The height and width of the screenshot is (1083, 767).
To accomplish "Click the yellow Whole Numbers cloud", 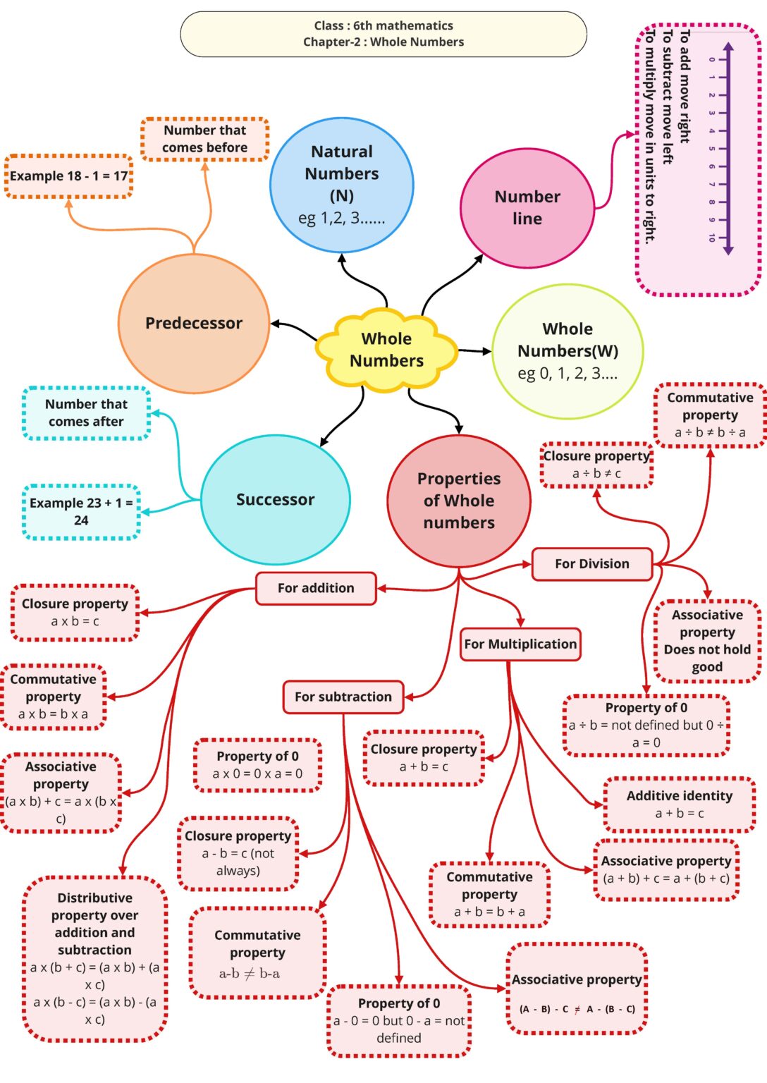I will pyautogui.click(x=386, y=350).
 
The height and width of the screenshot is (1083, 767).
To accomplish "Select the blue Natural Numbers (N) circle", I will pyautogui.click(x=342, y=185).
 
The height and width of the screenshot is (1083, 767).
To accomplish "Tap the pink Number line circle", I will pyautogui.click(x=527, y=208).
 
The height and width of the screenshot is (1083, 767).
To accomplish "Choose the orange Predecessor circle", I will pyautogui.click(x=194, y=323).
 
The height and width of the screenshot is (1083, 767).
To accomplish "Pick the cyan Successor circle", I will pyautogui.click(x=276, y=499).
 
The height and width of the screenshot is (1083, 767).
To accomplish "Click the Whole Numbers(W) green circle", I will pyautogui.click(x=567, y=351).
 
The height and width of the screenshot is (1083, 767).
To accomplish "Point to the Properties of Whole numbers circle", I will pyautogui.click(x=459, y=501).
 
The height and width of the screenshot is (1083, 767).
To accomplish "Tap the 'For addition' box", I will pyautogui.click(x=316, y=588).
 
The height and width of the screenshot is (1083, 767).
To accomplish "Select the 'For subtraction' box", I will pyautogui.click(x=343, y=697).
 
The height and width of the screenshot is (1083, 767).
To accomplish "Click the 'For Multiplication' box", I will pyautogui.click(x=520, y=644).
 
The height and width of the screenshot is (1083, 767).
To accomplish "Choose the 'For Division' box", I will pyautogui.click(x=592, y=564).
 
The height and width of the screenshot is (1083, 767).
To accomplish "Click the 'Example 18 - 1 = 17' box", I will pyautogui.click(x=69, y=176).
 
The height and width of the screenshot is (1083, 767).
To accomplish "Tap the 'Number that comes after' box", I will pyautogui.click(x=86, y=413).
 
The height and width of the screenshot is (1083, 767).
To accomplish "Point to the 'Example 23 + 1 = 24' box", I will pyautogui.click(x=81, y=512).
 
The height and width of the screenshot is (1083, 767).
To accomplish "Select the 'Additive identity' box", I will pyautogui.click(x=680, y=804).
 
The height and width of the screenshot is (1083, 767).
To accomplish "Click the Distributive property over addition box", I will pyautogui.click(x=94, y=958).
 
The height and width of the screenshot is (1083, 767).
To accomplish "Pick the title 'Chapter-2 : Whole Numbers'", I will pyautogui.click(x=383, y=42).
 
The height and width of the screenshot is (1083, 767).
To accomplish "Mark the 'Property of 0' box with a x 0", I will pyautogui.click(x=257, y=765).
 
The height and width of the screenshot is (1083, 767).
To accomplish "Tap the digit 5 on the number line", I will pyautogui.click(x=712, y=149).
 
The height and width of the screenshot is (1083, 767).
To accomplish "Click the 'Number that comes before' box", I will pyautogui.click(x=205, y=139).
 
